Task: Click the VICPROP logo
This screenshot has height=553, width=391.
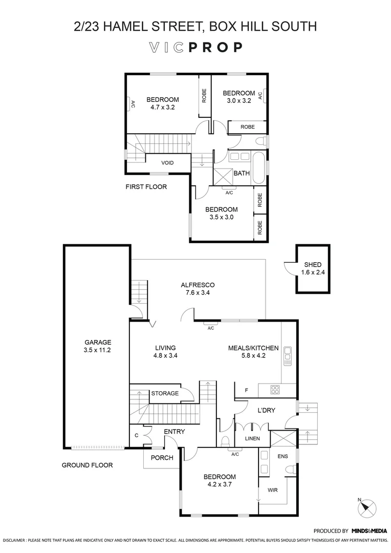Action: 195,48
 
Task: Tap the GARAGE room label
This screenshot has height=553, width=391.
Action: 97,343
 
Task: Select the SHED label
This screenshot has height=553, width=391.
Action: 312,265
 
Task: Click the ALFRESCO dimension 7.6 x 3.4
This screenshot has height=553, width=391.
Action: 197,293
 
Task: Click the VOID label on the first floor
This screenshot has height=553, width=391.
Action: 167,163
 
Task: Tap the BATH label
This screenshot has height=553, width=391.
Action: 242,174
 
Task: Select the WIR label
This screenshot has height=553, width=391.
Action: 273,490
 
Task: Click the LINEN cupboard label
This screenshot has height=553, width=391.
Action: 252,438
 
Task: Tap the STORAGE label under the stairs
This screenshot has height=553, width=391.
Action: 165,393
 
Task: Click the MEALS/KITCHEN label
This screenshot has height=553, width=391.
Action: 253,348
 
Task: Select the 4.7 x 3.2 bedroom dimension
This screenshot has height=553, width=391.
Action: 163,108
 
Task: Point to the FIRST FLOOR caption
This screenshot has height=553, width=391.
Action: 146,187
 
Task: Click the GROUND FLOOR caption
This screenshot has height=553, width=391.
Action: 87,465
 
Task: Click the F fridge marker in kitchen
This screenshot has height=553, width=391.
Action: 246,391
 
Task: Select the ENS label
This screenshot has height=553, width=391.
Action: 282,456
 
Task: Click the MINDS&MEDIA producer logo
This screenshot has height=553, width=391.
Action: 369,531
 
